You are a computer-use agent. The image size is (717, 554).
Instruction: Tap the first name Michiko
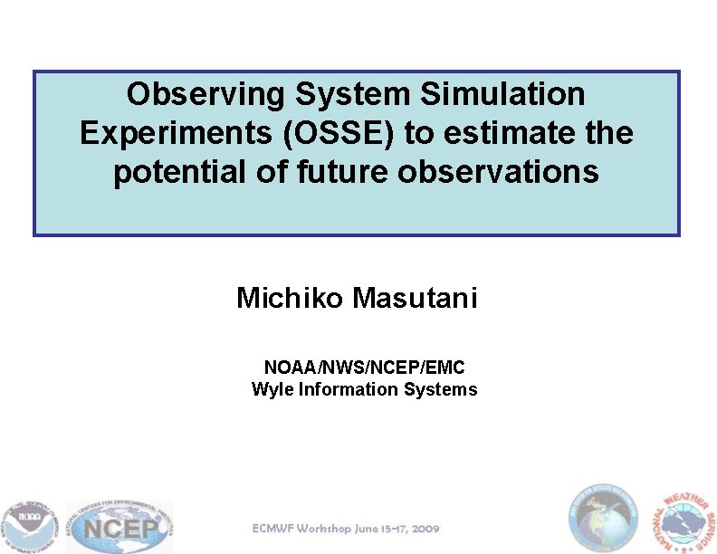coord(290,297)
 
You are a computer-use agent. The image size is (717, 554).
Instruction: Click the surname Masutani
coord(415,297)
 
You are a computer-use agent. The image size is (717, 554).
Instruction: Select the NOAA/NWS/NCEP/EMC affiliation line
coord(364,368)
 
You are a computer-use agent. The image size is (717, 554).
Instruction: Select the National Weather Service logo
coord(684,521)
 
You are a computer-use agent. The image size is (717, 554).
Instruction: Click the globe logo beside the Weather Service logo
coord(602,518)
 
